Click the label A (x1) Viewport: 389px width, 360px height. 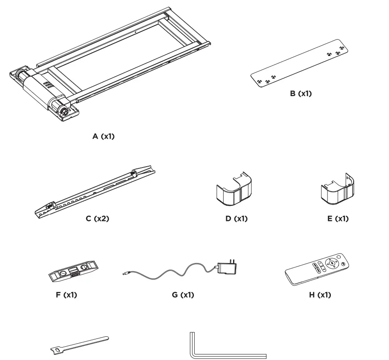[104, 137]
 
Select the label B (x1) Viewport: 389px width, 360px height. [301, 93]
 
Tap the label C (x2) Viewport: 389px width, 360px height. [98, 218]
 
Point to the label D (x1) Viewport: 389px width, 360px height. [236, 218]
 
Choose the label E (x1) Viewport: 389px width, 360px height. [338, 218]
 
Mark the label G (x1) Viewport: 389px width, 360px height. [183, 295]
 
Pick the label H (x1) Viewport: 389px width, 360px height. [320, 295]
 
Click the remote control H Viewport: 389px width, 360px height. [319, 268]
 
